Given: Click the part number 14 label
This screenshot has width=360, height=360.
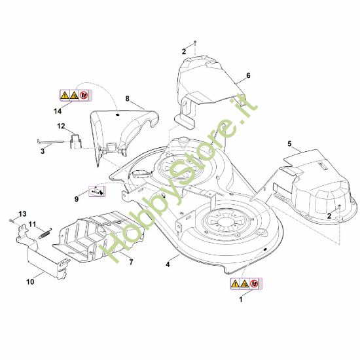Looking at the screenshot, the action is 58,111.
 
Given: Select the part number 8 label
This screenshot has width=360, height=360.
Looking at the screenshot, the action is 127,99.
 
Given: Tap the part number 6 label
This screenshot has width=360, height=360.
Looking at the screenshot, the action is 248,75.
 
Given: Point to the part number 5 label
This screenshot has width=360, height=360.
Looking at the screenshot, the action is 289,144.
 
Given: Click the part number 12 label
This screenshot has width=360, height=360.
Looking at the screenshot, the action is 61,126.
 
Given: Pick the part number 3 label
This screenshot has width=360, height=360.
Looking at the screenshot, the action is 43,151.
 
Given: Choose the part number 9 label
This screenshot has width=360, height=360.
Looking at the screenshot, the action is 77,199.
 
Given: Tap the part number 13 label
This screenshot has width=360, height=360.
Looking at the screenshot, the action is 22,214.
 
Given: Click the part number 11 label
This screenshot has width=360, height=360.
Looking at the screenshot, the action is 32,224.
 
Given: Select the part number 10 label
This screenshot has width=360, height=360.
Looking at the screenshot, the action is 30,281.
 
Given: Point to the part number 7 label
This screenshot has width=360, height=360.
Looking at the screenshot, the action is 131,262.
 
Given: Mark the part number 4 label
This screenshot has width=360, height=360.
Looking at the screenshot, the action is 168,264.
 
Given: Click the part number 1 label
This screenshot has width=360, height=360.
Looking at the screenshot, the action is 241,299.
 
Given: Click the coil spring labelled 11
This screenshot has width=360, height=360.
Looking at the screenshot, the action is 45,233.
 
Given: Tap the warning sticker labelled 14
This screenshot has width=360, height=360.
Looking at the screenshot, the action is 76,95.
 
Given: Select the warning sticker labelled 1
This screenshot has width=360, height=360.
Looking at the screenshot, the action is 246,284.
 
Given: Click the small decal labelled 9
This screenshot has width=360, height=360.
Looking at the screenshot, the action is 97,191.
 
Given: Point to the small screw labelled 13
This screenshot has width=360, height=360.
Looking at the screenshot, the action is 10,221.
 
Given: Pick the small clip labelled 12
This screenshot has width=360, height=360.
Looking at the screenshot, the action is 75,141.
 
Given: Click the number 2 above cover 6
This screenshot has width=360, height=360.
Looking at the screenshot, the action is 184,52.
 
